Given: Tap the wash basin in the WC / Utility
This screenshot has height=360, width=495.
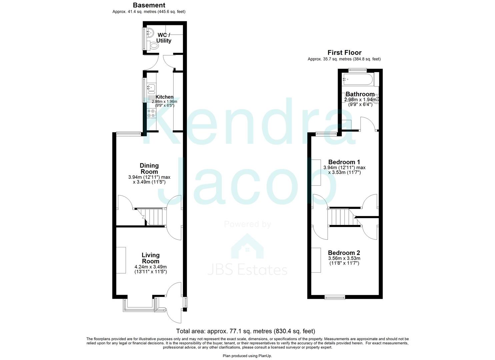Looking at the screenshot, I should (150, 33).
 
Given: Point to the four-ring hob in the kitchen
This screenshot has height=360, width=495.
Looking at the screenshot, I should (151, 113).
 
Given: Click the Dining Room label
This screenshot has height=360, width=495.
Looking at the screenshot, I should (149, 169).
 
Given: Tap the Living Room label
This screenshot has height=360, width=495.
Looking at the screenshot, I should (150, 258).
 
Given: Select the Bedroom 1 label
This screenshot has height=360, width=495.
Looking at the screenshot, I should (344, 162).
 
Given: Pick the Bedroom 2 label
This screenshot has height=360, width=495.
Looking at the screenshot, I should (344, 253).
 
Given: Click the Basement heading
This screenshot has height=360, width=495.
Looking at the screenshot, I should (149, 5).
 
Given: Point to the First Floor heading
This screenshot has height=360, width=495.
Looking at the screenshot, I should (344, 53).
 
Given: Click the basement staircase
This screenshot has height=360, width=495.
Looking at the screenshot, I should (153, 217).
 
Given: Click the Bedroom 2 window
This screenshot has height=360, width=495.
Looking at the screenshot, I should (335, 297).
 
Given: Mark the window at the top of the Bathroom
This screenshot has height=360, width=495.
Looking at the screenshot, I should (358, 70).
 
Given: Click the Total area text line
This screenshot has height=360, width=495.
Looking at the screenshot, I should (245, 331).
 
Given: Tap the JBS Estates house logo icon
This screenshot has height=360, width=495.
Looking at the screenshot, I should (247, 247).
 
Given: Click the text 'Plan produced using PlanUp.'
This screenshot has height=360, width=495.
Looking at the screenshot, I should (247, 356).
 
